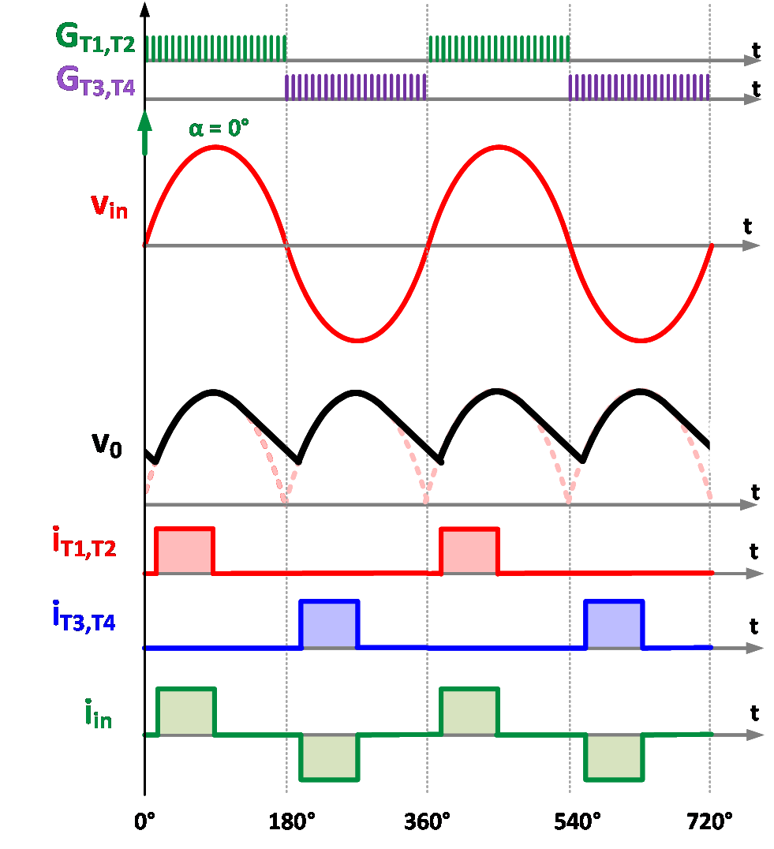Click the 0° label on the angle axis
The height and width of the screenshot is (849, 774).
pyautogui.click(x=144, y=821)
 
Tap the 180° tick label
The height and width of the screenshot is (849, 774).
pyautogui.click(x=292, y=821)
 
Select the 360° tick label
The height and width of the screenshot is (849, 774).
pyautogui.click(x=427, y=821)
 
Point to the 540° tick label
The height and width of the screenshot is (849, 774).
pyautogui.click(x=577, y=821)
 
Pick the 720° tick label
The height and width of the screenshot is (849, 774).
pyautogui.click(x=709, y=821)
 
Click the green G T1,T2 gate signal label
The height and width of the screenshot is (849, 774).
pyautogui.click(x=95, y=39)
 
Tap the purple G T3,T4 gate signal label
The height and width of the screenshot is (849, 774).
pyautogui.click(x=95, y=81)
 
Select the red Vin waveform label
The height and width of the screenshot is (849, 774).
pyautogui.click(x=109, y=207)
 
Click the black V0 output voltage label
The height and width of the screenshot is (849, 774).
pyautogui.click(x=107, y=446)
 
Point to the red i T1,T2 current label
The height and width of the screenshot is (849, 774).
pyautogui.click(x=84, y=542)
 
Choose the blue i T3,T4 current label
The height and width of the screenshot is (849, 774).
pyautogui.click(x=84, y=616)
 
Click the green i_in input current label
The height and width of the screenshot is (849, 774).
pyautogui.click(x=99, y=714)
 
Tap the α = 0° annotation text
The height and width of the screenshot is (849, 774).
pyautogui.click(x=219, y=129)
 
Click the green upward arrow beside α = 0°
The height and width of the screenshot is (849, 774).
pyautogui.click(x=144, y=133)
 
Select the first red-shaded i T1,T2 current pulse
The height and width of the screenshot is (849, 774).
pyautogui.click(x=185, y=551)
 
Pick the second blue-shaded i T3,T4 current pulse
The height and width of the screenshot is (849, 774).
pyautogui.click(x=615, y=624)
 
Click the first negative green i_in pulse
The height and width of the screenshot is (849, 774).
pyautogui.click(x=329, y=757)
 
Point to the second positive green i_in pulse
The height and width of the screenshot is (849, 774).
pyautogui.click(x=469, y=712)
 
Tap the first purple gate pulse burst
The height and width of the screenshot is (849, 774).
pyautogui.click(x=356, y=87)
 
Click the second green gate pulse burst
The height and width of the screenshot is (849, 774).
pyautogui.click(x=499, y=49)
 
